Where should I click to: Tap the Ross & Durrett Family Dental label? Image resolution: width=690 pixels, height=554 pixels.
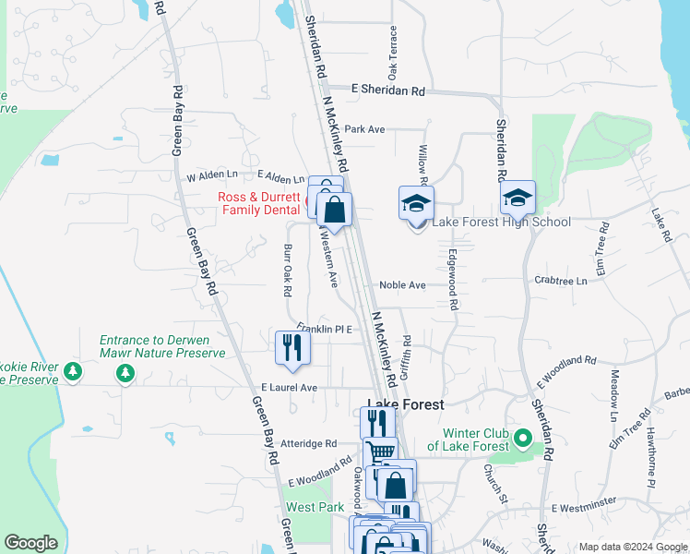coord(258,203)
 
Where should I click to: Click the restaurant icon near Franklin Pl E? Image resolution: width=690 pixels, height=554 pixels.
coord(291,347)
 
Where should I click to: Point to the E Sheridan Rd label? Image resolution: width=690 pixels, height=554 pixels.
coord(388,90)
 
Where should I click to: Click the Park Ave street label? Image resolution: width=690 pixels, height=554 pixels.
coord(364,129)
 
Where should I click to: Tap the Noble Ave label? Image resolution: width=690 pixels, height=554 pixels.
coord(405,285)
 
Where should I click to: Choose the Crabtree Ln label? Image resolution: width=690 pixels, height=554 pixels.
coord(561,280)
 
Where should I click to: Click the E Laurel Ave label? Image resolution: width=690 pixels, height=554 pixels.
coord(289,388)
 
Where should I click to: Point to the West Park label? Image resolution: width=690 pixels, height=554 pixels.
coord(315,507)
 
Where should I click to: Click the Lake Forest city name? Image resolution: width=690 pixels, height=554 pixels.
coord(406,404)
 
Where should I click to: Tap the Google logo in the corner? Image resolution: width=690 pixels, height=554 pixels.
coord(30,543)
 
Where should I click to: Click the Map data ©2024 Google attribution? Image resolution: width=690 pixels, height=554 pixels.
coord(632,547)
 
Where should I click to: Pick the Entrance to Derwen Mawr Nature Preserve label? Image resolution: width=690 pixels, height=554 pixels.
coord(162,346)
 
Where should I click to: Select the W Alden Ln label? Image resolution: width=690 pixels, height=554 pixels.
coord(211,175)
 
